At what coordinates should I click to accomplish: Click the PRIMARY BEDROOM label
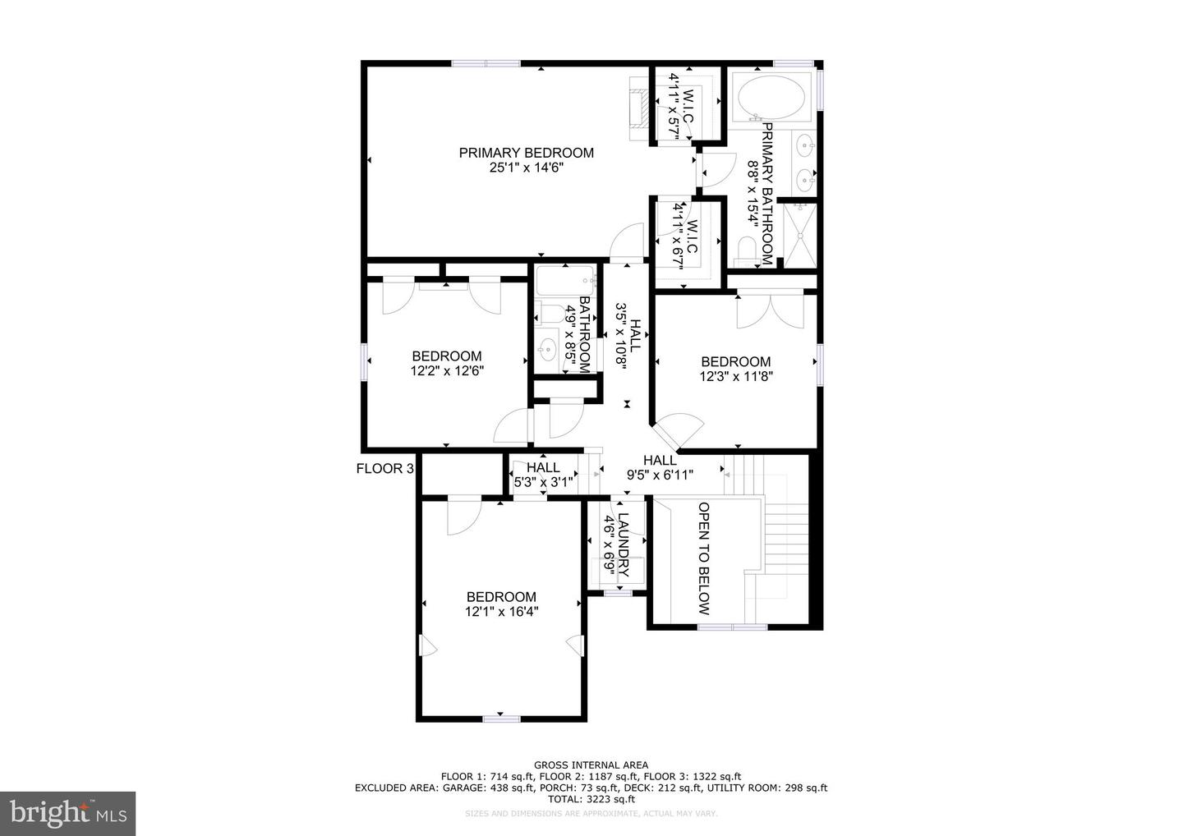coord(526,153)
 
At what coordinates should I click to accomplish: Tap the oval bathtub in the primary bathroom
coord(771,98)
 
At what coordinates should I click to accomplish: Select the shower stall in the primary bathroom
coord(799,236)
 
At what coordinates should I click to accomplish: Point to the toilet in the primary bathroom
coord(746,252)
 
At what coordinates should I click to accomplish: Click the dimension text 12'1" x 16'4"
coord(501,612)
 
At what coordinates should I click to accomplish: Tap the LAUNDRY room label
coord(624,544)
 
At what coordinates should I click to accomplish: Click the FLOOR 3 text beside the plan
coord(385,468)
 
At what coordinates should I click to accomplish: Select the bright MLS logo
coord(67,813)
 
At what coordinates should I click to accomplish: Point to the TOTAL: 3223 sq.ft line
coord(591,799)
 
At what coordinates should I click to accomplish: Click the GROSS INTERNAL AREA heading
coord(591,765)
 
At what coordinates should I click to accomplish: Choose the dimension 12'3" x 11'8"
coord(736,376)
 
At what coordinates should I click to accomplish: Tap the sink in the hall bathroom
coord(547,349)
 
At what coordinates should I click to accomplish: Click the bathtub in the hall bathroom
coord(565,280)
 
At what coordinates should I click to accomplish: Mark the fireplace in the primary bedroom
coord(638,108)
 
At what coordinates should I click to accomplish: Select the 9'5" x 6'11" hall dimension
coord(660,475)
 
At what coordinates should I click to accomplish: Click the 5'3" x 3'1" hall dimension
coord(543,482)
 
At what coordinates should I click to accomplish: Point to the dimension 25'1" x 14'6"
coord(527,168)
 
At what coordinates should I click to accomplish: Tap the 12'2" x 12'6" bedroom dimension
coord(447,370)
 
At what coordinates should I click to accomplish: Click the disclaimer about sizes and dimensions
coord(591,813)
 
